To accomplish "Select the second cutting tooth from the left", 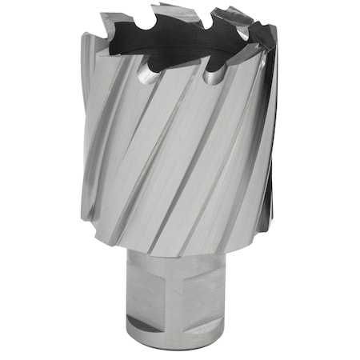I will (x=165, y=10).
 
